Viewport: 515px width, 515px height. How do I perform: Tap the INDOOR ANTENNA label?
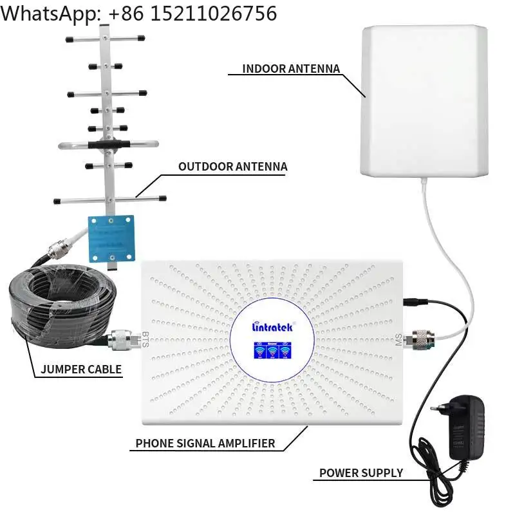pyautogui.click(x=291, y=69)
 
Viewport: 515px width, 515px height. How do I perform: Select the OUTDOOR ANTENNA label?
pyautogui.click(x=232, y=167)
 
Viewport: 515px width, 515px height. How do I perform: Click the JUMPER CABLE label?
pyautogui.click(x=81, y=369)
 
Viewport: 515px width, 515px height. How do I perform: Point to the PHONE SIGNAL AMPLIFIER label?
pyautogui.click(x=205, y=443)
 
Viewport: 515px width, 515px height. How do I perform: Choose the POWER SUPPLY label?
pyautogui.click(x=361, y=473)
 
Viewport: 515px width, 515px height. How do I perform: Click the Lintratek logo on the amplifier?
pyautogui.click(x=272, y=327)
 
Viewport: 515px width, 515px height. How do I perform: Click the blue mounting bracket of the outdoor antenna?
pyautogui.click(x=111, y=238)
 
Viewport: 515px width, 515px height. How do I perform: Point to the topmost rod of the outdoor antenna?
pyautogui.click(x=105, y=40)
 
